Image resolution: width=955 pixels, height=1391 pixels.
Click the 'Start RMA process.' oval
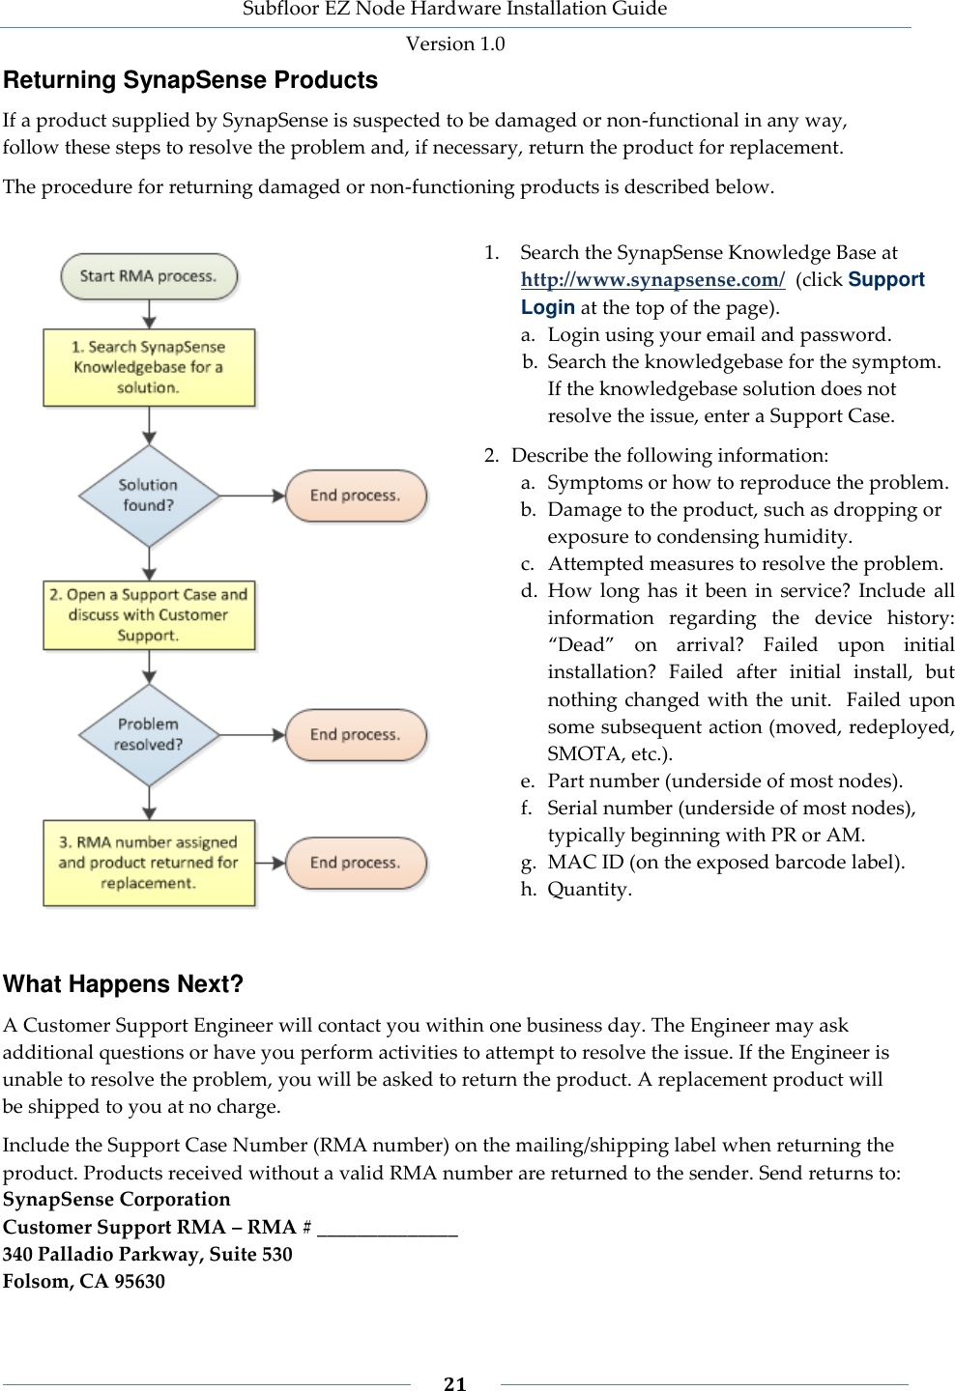tap(149, 276)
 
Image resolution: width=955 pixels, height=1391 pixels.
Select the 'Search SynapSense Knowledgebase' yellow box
tap(149, 367)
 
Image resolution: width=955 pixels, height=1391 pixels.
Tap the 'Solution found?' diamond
tap(149, 496)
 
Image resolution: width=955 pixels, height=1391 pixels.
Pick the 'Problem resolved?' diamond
tap(149, 735)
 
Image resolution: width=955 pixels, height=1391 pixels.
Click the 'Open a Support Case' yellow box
tap(149, 615)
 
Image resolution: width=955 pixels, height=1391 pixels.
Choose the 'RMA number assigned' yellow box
tap(149, 863)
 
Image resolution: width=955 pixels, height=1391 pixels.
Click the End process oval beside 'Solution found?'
tap(356, 496)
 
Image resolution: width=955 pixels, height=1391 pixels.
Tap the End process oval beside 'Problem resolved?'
tap(356, 735)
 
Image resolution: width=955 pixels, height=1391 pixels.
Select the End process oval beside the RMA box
tap(356, 863)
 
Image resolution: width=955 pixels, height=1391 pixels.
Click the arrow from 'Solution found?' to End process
tap(253, 496)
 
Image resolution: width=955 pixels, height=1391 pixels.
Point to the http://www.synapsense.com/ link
tap(652, 280)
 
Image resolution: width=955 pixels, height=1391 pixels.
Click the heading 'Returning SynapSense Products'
tap(190, 80)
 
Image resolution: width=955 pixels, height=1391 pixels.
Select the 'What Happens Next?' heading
tap(124, 984)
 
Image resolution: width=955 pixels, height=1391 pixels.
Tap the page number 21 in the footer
tap(455, 1383)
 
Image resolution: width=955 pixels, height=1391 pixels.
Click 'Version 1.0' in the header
tap(455, 43)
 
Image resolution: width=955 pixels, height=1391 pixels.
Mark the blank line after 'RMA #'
tap(387, 1229)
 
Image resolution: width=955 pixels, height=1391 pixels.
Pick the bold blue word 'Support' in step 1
tap(886, 280)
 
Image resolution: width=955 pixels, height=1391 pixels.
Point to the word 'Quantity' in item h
tap(588, 890)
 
